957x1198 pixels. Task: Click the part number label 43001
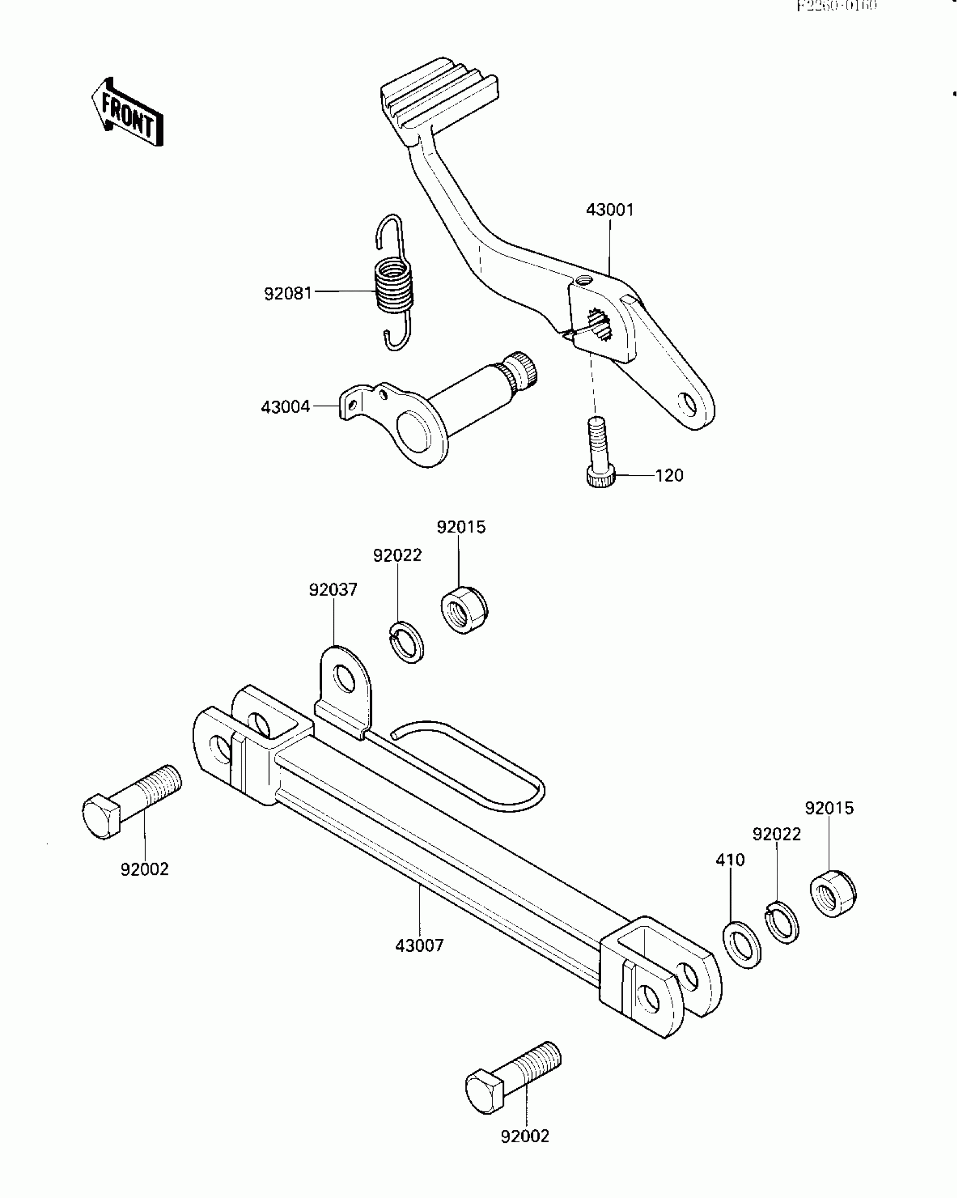[x=610, y=211]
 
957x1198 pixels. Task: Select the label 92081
[x=288, y=293]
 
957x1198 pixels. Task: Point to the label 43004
[x=285, y=406]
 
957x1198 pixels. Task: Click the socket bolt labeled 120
[x=598, y=450]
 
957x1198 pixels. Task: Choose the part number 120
[x=669, y=476]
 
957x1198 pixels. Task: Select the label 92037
[x=333, y=590]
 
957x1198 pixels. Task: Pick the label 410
[x=730, y=860]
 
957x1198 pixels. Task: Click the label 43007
[x=419, y=945]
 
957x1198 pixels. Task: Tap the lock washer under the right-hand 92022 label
[x=782, y=922]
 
